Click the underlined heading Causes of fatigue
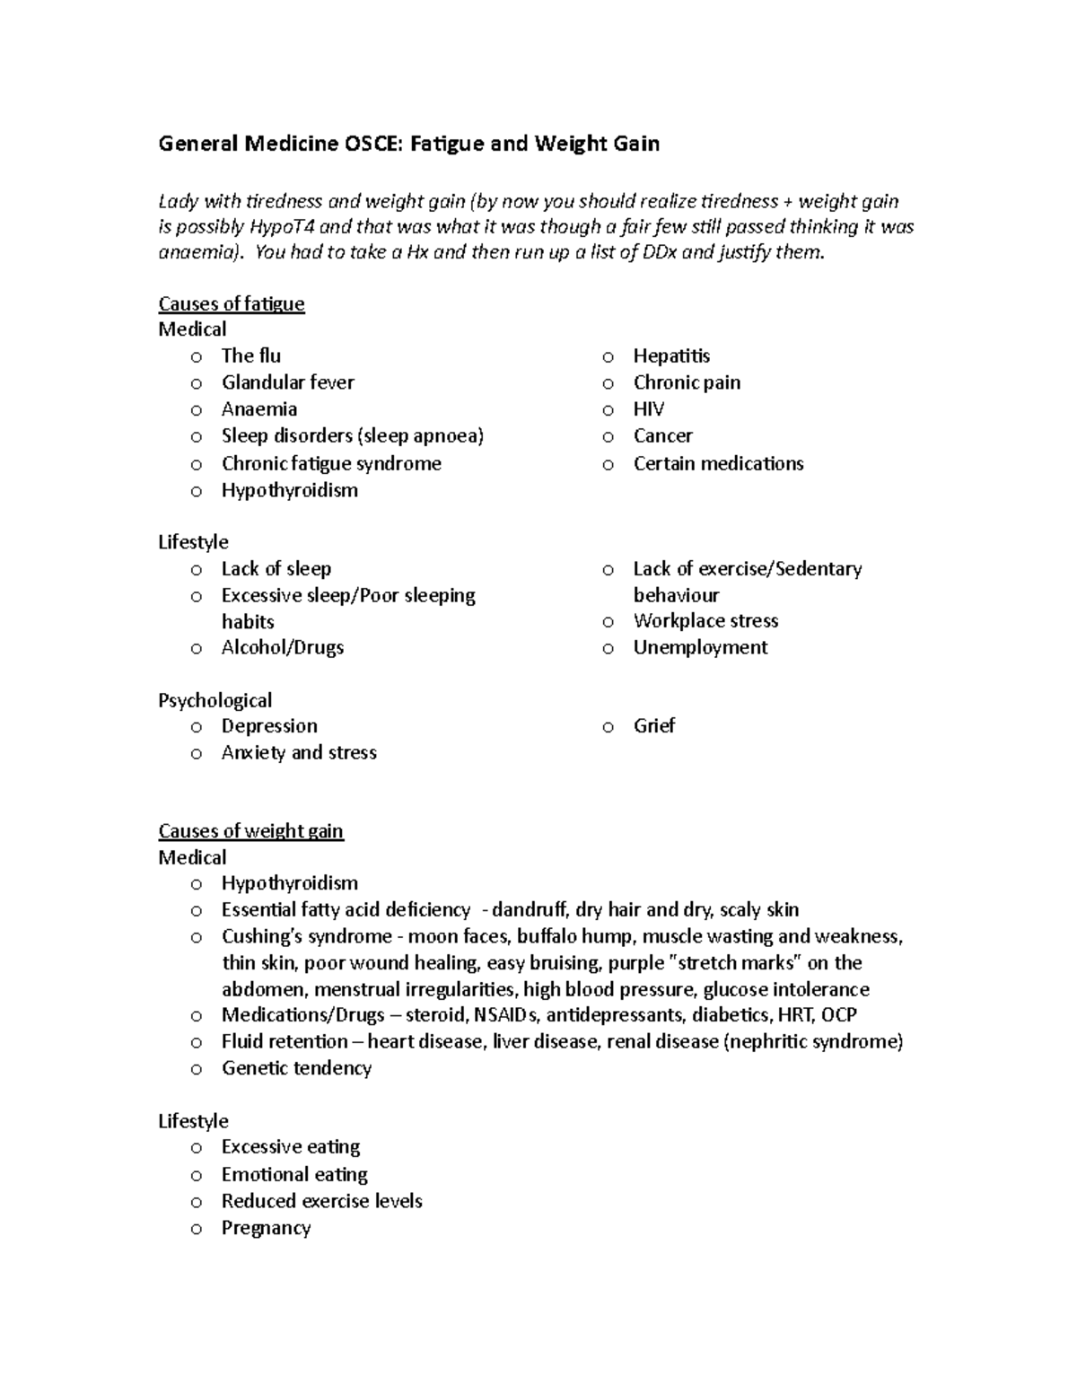(x=232, y=303)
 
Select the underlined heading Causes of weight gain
(x=250, y=830)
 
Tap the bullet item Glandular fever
(x=287, y=382)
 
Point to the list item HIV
(x=648, y=409)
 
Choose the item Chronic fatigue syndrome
(x=331, y=463)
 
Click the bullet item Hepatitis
(x=671, y=355)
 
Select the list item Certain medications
(x=718, y=463)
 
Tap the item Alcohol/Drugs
(x=283, y=647)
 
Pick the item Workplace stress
(x=705, y=620)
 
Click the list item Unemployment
(x=700, y=647)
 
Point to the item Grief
(x=653, y=725)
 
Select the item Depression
(x=269, y=725)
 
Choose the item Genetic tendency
(x=296, y=1068)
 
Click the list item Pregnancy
(x=266, y=1228)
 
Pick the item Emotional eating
(x=294, y=1174)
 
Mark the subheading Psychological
(x=215, y=700)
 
